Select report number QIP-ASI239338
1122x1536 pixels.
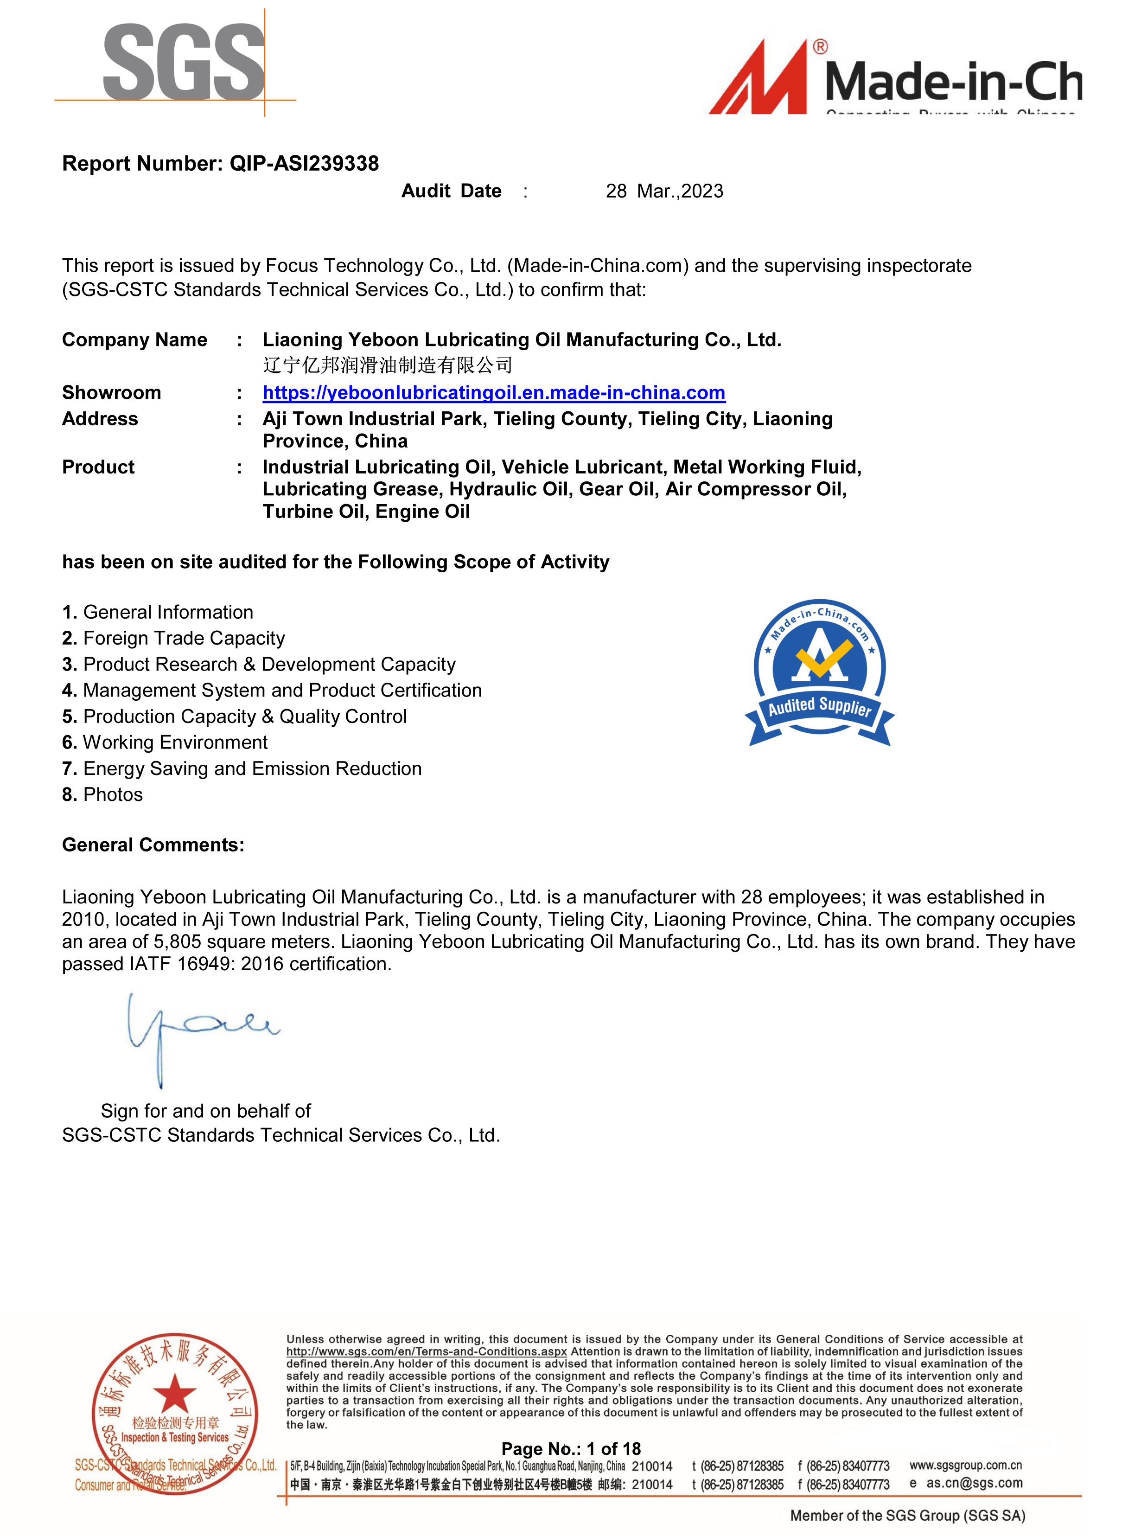[x=220, y=164]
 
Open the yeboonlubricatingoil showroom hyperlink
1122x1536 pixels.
[x=494, y=393]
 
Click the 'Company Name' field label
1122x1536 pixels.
[x=134, y=339]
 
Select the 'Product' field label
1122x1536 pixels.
[x=98, y=467]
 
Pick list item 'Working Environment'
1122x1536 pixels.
[x=174, y=742]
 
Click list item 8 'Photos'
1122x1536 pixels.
[x=112, y=795]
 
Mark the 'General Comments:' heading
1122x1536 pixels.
[x=153, y=845]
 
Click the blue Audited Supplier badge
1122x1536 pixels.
[x=820, y=672]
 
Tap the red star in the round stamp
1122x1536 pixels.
[x=174, y=1393]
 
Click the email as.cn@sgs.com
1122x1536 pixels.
[x=974, y=1483]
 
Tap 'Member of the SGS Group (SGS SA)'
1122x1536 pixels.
[x=907, y=1516]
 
